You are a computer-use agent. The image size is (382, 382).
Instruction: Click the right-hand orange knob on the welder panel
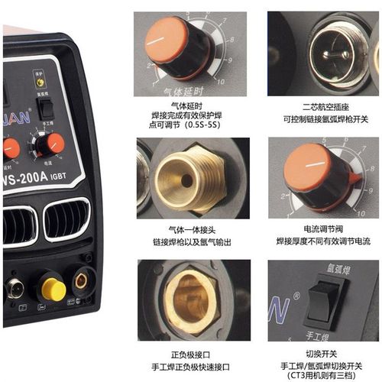[54, 144]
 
